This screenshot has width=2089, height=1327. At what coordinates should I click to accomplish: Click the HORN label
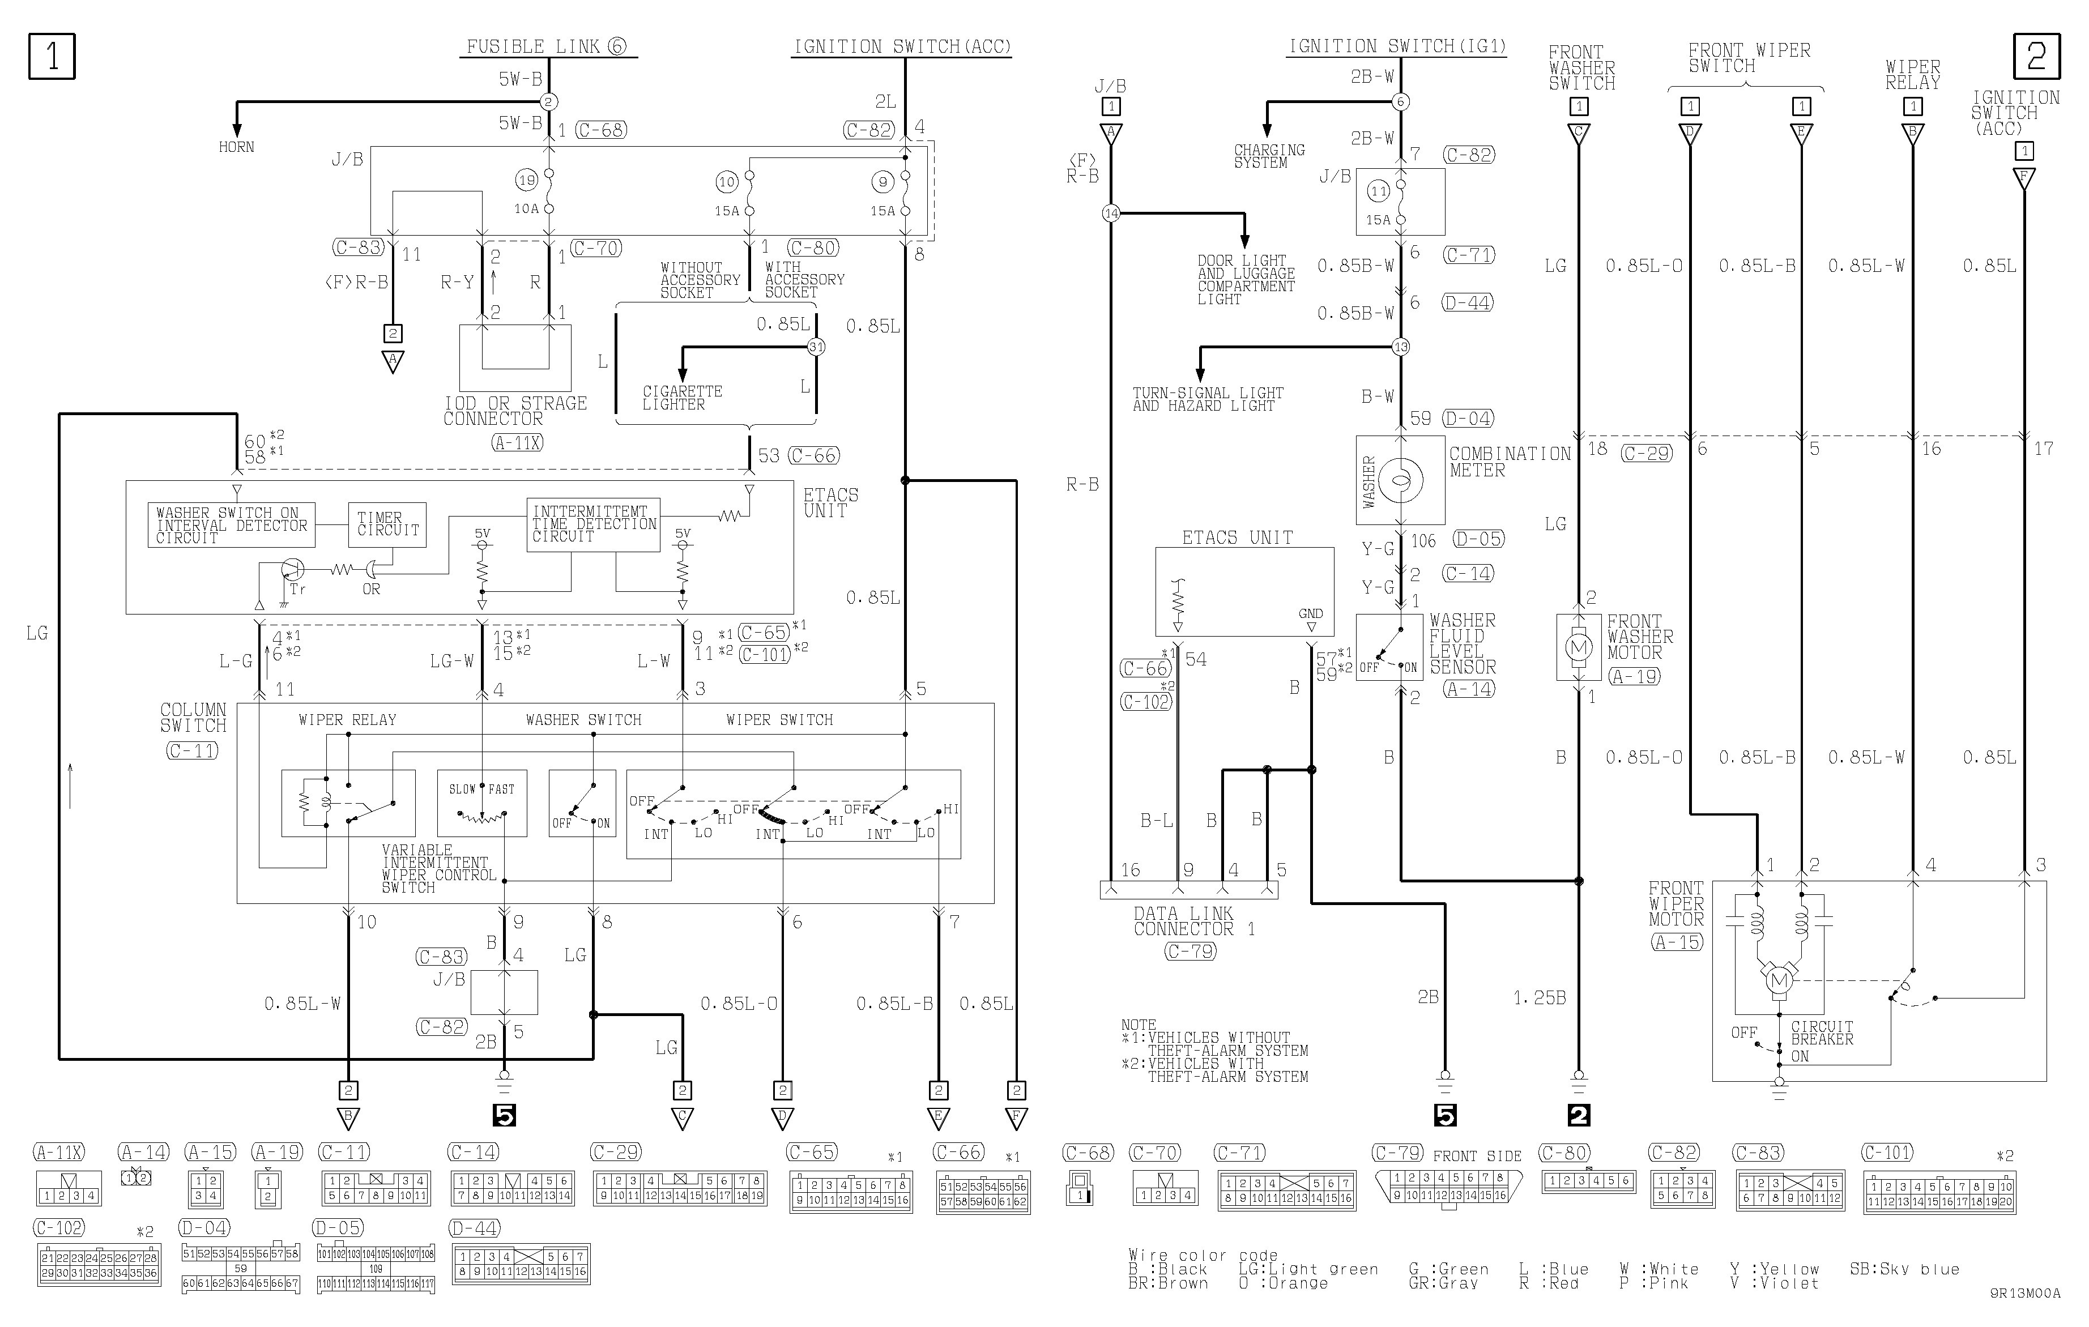point(236,147)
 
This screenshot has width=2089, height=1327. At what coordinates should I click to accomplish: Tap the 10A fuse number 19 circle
point(527,181)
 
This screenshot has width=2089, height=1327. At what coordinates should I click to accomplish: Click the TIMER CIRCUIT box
point(387,524)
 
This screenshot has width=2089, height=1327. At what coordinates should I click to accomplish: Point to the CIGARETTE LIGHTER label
point(682,398)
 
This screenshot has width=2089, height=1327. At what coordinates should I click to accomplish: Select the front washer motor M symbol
point(1578,647)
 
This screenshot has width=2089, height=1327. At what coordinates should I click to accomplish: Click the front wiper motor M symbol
point(1779,981)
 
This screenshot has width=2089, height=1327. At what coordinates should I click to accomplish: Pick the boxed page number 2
point(2036,57)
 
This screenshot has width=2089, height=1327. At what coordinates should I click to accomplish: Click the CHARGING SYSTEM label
point(1268,156)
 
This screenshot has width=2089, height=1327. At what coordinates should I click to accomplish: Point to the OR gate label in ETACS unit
point(372,589)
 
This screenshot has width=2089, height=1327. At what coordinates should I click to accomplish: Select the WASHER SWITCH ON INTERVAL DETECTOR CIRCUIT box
point(232,524)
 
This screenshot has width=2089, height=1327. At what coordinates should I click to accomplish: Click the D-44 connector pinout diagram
point(521,1264)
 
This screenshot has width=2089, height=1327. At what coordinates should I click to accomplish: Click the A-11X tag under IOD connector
point(517,442)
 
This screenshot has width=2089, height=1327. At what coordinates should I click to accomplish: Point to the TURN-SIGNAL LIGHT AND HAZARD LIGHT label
point(1206,399)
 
